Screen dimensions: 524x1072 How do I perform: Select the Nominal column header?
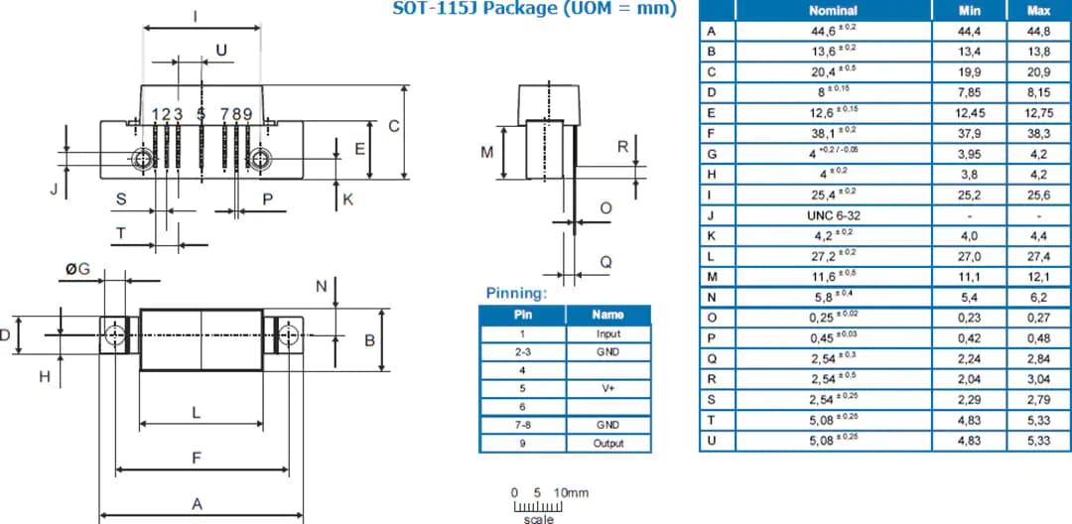(x=833, y=10)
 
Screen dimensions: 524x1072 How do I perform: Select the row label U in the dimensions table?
(x=710, y=440)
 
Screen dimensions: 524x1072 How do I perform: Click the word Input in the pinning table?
(x=607, y=334)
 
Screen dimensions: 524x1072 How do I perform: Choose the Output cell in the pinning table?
(x=607, y=443)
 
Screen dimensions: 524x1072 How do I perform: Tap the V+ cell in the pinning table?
(x=607, y=389)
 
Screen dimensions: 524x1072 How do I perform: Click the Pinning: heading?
(x=517, y=294)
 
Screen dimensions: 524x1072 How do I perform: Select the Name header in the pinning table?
(x=607, y=315)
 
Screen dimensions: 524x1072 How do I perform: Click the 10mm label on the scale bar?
(x=571, y=492)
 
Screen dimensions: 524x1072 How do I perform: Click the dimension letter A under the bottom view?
(x=197, y=504)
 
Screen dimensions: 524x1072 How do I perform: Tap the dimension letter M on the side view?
(x=487, y=153)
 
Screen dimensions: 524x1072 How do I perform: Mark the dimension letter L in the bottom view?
(x=197, y=411)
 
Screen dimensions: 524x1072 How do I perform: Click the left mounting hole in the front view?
(x=143, y=159)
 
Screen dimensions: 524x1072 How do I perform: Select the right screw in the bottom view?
(x=288, y=337)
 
